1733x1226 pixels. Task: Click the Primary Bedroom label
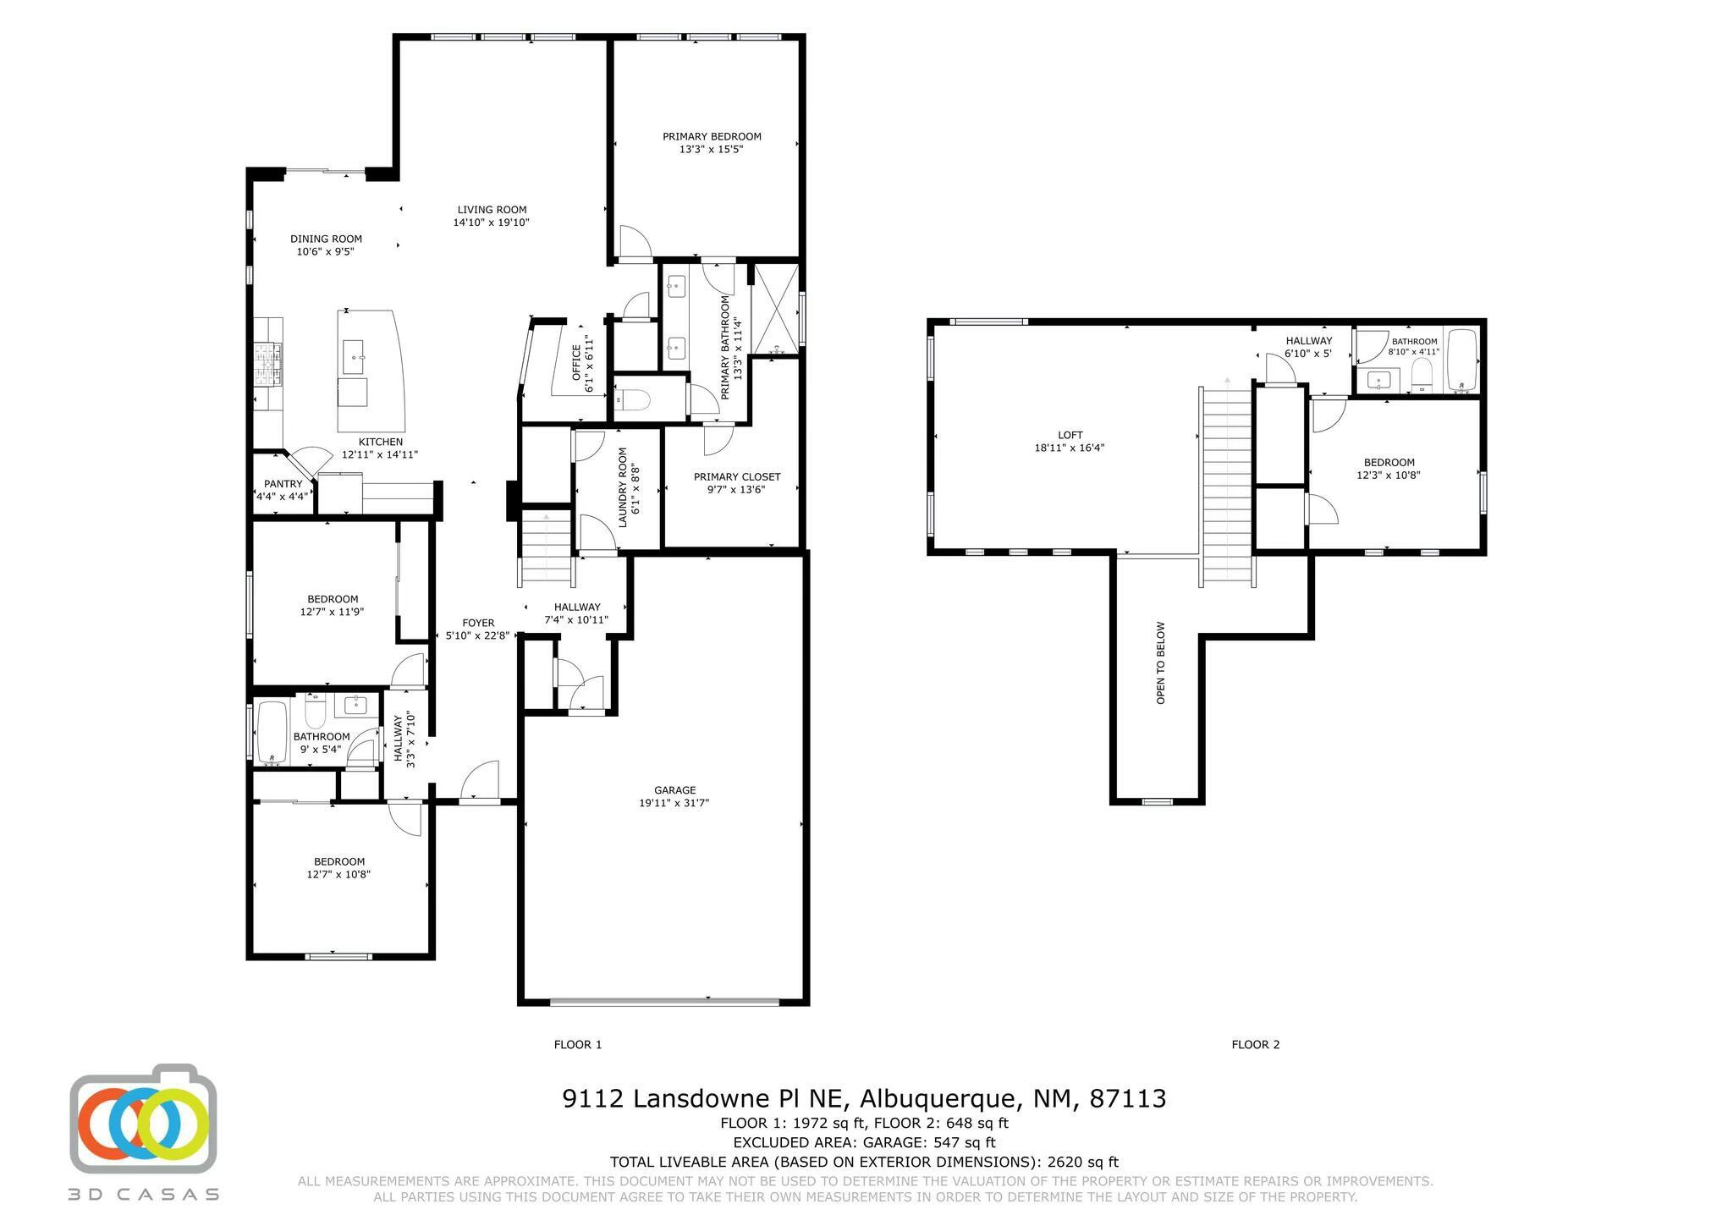click(x=712, y=136)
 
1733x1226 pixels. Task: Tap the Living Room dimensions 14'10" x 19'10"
click(x=492, y=223)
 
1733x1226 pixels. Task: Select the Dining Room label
click(x=326, y=239)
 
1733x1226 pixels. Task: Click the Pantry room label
click(x=283, y=484)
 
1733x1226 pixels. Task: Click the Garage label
click(x=674, y=790)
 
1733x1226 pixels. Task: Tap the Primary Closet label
click(x=737, y=476)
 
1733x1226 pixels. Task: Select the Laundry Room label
click(x=623, y=487)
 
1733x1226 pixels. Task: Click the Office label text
click(x=577, y=362)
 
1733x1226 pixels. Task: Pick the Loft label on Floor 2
click(x=1070, y=435)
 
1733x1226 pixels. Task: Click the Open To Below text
click(x=1160, y=663)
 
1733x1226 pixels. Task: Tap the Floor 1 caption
click(x=578, y=1044)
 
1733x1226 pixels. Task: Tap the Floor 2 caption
click(x=1256, y=1044)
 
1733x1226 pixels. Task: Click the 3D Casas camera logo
click(x=143, y=1118)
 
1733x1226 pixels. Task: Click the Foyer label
click(x=478, y=623)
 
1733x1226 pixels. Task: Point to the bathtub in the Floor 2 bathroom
click(x=1461, y=361)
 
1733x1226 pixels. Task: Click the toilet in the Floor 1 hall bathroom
click(x=315, y=712)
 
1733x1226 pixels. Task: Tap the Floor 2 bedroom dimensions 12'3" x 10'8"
click(x=1389, y=475)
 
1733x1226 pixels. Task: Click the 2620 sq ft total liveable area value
click(x=1083, y=1162)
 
